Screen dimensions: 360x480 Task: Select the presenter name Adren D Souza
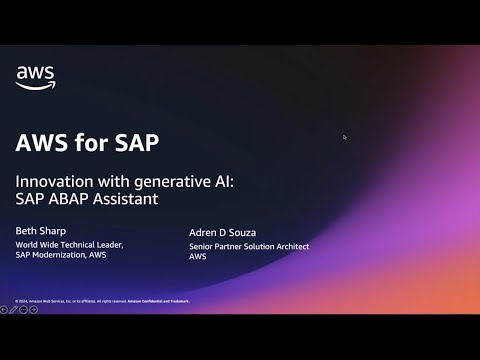click(x=224, y=232)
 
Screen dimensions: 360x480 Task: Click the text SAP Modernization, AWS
click(x=59, y=254)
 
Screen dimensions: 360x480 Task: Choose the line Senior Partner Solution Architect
click(x=249, y=245)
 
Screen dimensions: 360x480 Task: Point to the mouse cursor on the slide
click(x=344, y=137)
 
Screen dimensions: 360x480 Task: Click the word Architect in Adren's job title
click(x=291, y=245)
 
